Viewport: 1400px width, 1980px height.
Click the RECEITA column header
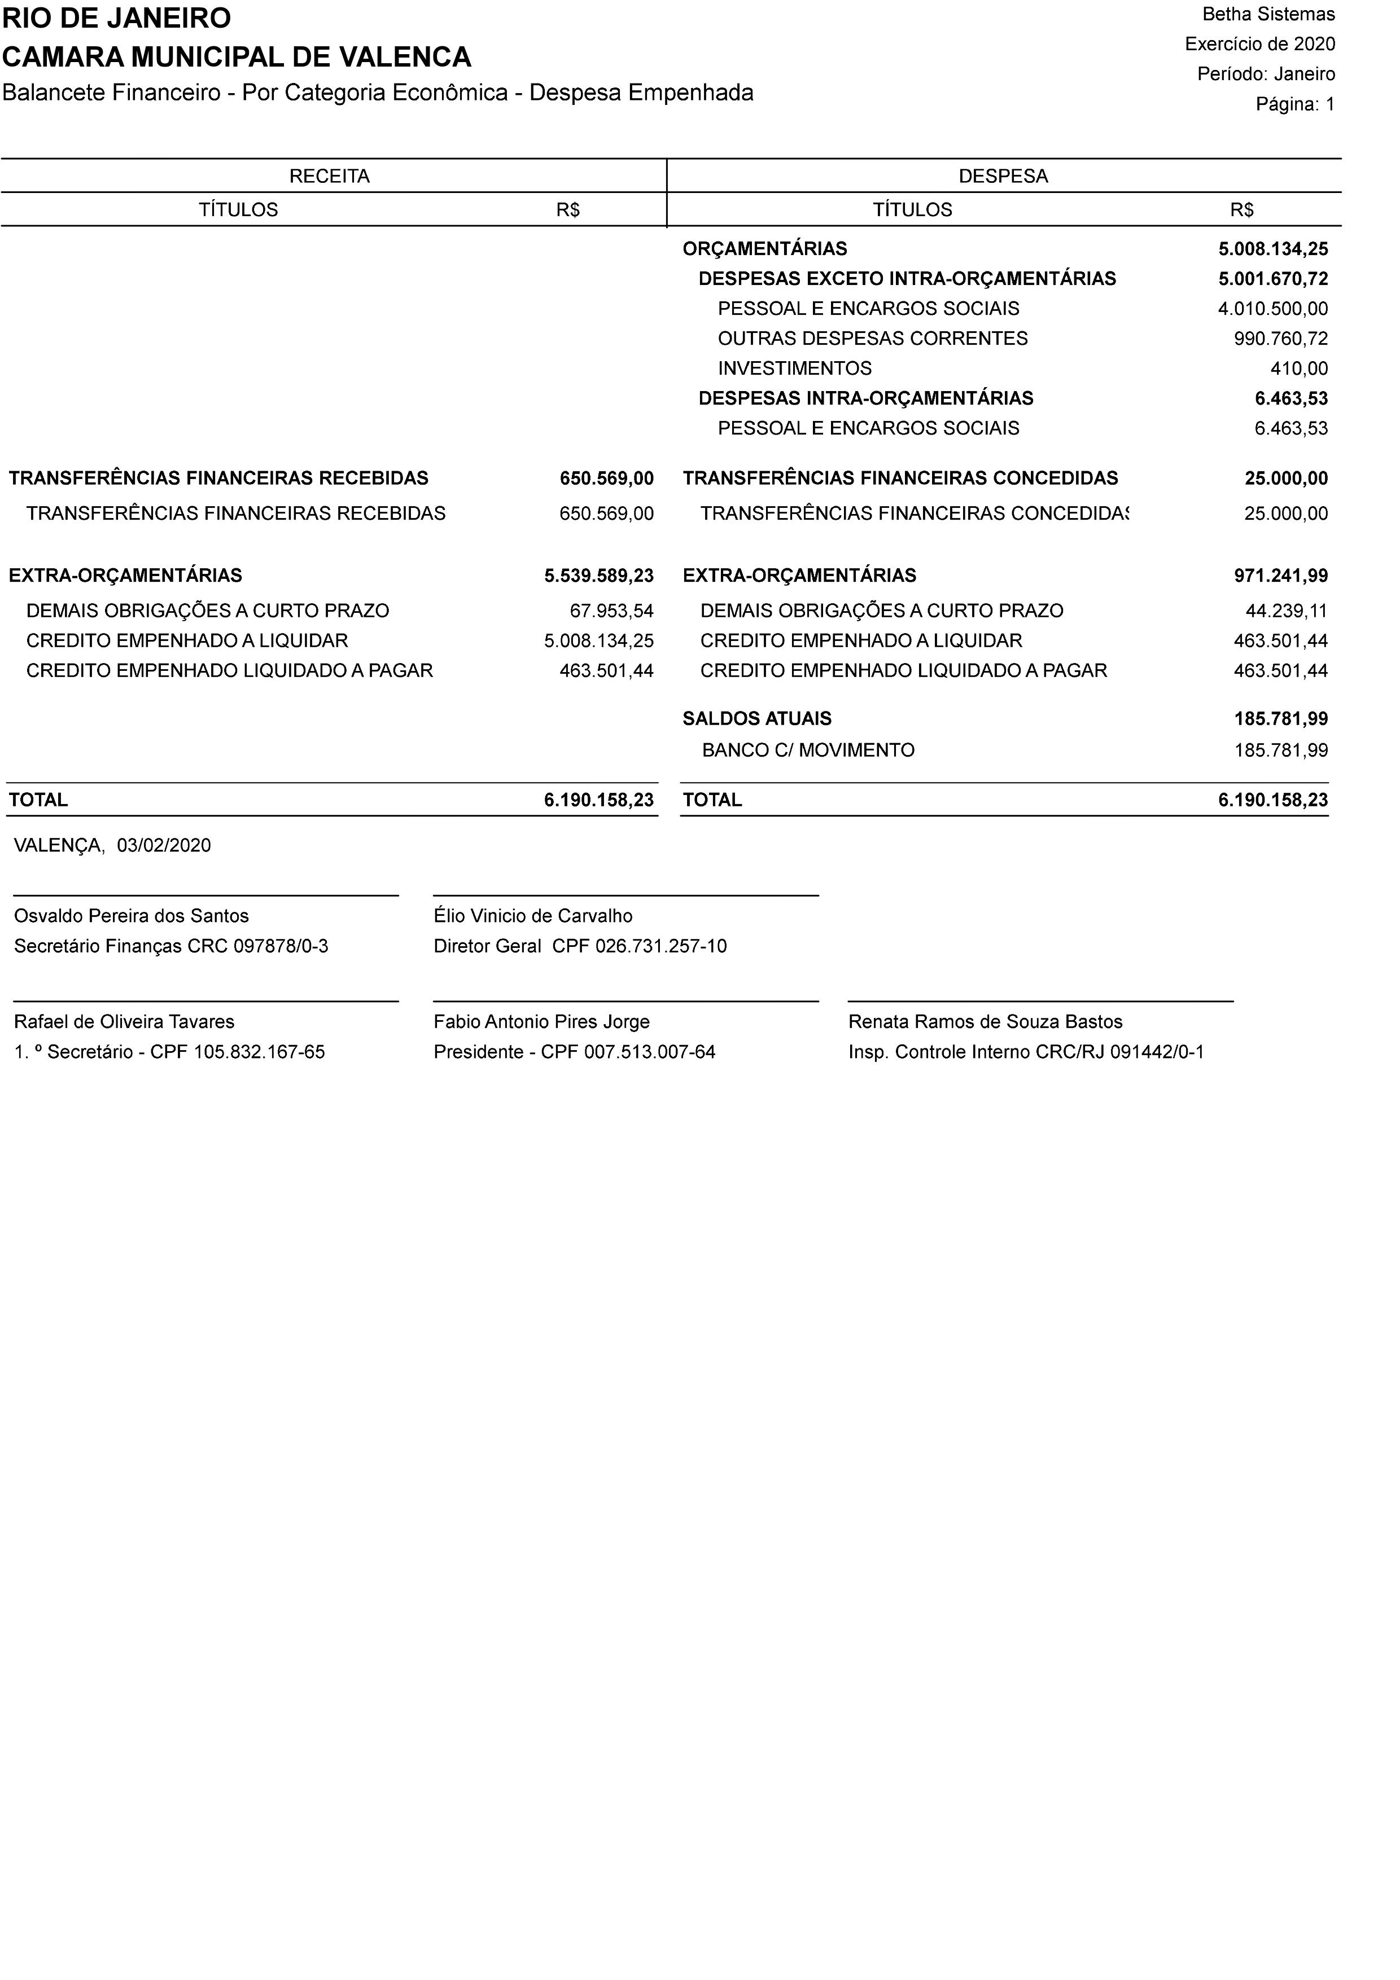pyautogui.click(x=330, y=177)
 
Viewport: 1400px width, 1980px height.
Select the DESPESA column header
pyautogui.click(x=1003, y=177)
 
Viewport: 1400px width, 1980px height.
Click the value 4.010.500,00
pyautogui.click(x=1272, y=309)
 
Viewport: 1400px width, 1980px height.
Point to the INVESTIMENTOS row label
pyautogui.click(x=794, y=369)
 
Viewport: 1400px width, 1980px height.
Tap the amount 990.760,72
pyautogui.click(x=1280, y=339)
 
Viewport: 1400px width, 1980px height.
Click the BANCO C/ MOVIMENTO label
pyautogui.click(x=808, y=750)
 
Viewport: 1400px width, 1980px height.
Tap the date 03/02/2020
pyautogui.click(x=164, y=845)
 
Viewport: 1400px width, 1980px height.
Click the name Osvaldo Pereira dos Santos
pyautogui.click(x=131, y=916)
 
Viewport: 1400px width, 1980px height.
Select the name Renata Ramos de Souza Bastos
pyautogui.click(x=985, y=1022)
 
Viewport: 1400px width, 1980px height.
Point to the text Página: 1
pyautogui.click(x=1295, y=104)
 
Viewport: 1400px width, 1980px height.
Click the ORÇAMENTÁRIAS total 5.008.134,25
pyautogui.click(x=1272, y=249)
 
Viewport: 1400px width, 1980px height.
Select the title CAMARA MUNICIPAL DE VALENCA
pyautogui.click(x=237, y=57)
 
